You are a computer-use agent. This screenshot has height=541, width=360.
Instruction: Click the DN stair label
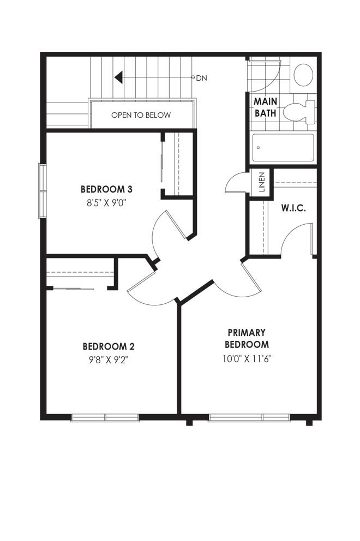pyautogui.click(x=202, y=78)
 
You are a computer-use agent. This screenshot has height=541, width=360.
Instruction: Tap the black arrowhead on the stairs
pyautogui.click(x=119, y=77)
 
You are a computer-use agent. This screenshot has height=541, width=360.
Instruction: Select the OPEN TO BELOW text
pyautogui.click(x=141, y=115)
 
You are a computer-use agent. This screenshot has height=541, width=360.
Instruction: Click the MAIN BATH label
pyautogui.click(x=266, y=107)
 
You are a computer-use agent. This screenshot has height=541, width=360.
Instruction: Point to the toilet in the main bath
pyautogui.click(x=299, y=112)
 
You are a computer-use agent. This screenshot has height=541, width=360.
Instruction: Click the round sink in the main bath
pyautogui.click(x=303, y=74)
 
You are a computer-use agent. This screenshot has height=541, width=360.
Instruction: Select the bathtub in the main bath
pyautogui.click(x=283, y=148)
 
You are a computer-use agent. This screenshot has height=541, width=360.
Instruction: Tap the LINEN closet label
pyautogui.click(x=262, y=182)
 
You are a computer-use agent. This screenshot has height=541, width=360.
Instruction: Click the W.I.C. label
pyautogui.click(x=293, y=208)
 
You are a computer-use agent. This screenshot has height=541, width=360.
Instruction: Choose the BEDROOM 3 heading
pyautogui.click(x=107, y=189)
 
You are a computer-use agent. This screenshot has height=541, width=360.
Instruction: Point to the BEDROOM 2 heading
pyautogui.click(x=109, y=346)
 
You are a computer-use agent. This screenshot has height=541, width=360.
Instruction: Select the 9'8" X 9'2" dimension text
pyautogui.click(x=109, y=360)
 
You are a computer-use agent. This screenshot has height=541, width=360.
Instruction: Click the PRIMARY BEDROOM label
pyautogui.click(x=247, y=339)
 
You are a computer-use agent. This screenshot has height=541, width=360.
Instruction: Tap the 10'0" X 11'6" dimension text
pyautogui.click(x=247, y=359)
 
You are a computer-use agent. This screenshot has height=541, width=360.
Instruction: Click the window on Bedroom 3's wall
pyautogui.click(x=42, y=191)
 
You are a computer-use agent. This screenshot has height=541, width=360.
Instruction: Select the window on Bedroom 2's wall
pyautogui.click(x=105, y=418)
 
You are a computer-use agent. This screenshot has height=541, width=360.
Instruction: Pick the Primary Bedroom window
pyautogui.click(x=250, y=418)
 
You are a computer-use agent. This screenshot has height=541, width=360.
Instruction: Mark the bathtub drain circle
pyautogui.click(x=258, y=148)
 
